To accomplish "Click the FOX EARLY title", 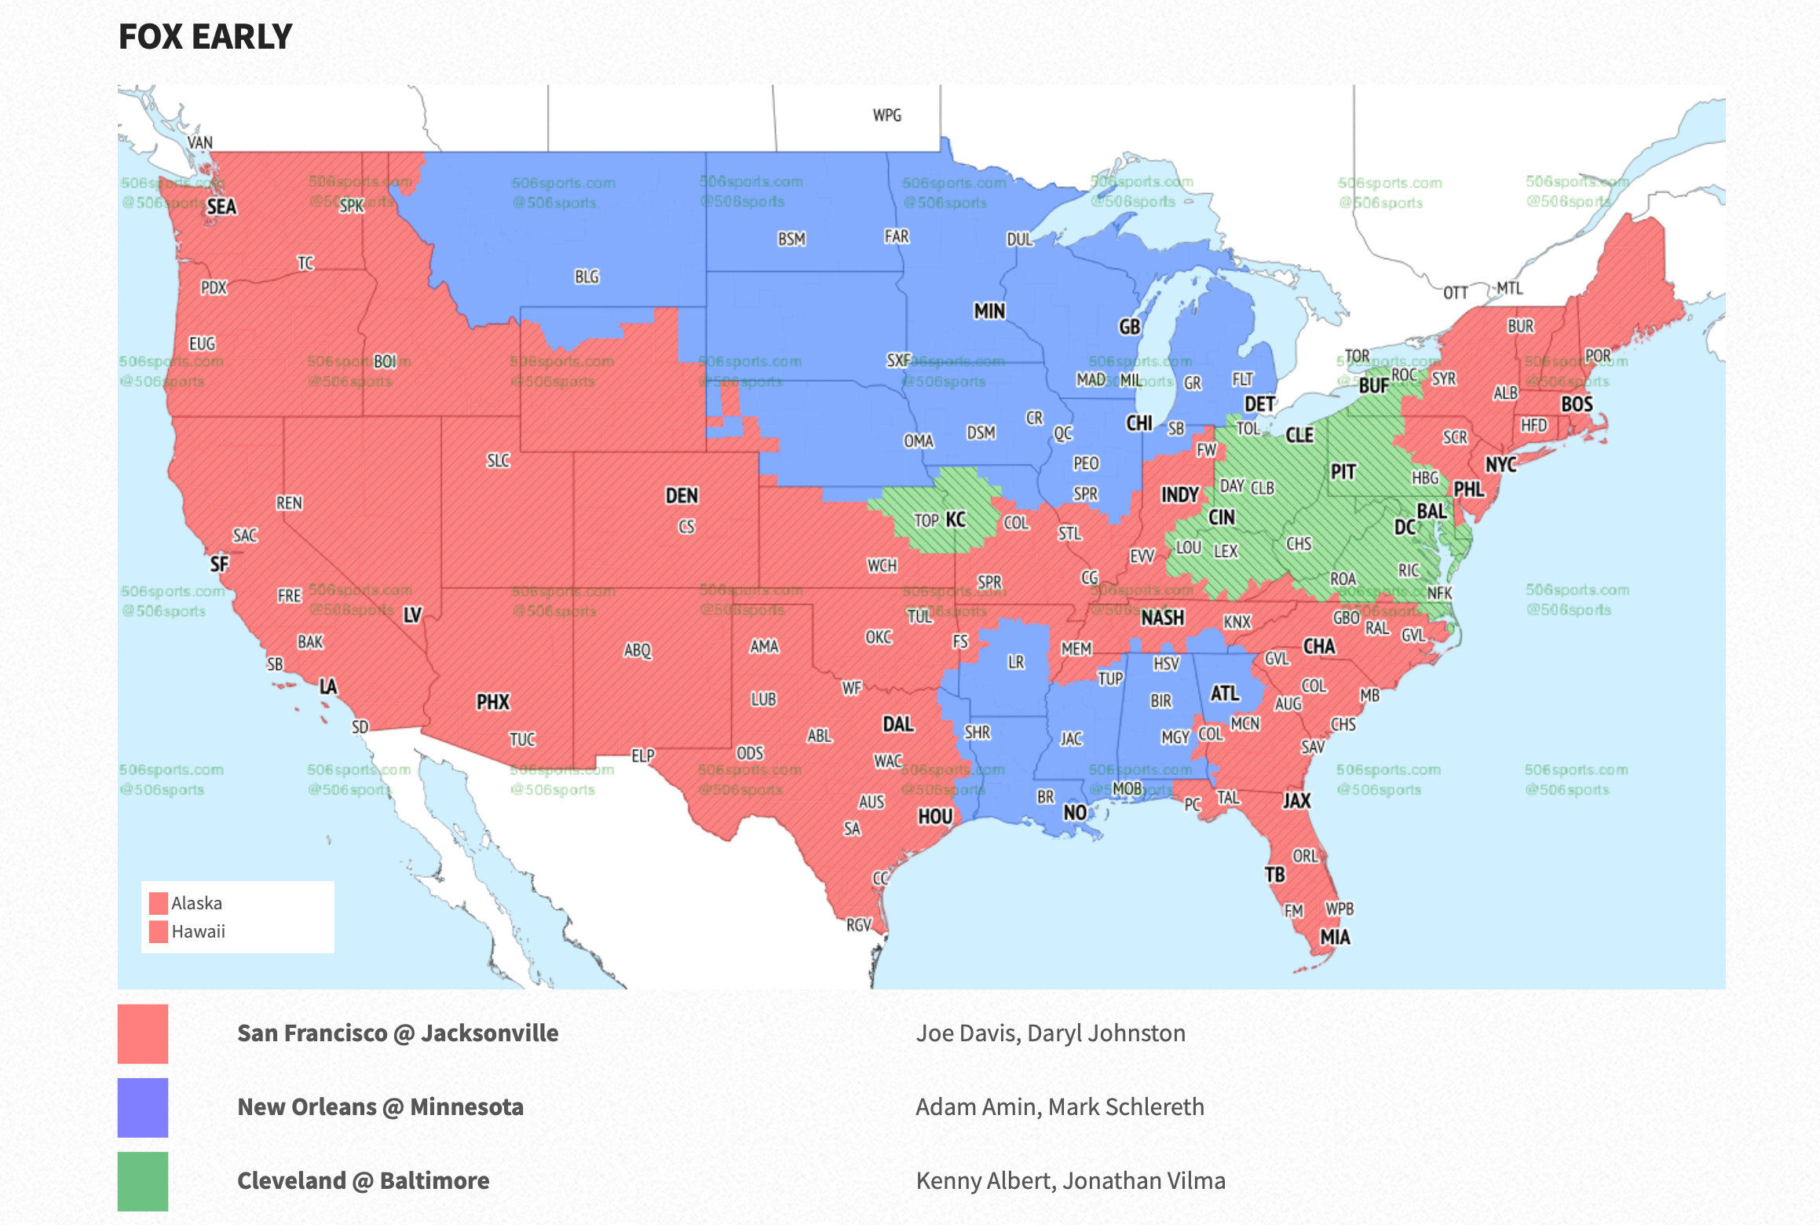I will (205, 37).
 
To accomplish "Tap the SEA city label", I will (221, 207).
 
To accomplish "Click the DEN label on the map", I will (681, 495).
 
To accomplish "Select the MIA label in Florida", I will (1335, 937).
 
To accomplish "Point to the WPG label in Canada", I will (886, 115).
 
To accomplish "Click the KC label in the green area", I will (956, 520).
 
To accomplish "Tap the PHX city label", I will (492, 702).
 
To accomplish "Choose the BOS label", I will (1576, 404).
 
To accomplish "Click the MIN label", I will (989, 312).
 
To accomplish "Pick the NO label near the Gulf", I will (1074, 813).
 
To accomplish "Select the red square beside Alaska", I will (159, 903).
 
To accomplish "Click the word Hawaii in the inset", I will (198, 932).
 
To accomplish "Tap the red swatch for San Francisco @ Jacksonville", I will (143, 1033).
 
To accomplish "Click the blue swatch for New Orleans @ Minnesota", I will (143, 1107).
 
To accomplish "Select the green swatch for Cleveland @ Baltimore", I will (143, 1181).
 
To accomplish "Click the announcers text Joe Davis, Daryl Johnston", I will (1050, 1033).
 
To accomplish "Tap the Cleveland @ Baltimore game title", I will (363, 1181).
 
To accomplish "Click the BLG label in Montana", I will (587, 277).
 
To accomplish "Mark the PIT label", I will (1343, 472).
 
